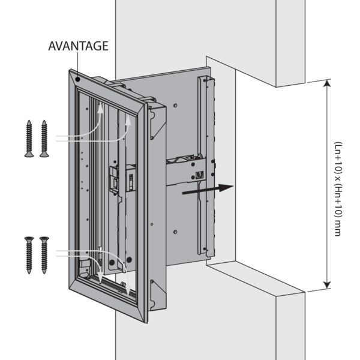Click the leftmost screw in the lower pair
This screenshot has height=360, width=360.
pos(29,254)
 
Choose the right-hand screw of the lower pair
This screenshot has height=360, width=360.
pos(43,254)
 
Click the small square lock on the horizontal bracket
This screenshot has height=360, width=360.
pos(200,176)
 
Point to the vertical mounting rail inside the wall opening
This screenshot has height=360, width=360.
pos(208,168)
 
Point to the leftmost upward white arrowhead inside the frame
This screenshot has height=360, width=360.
pos(101,109)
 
